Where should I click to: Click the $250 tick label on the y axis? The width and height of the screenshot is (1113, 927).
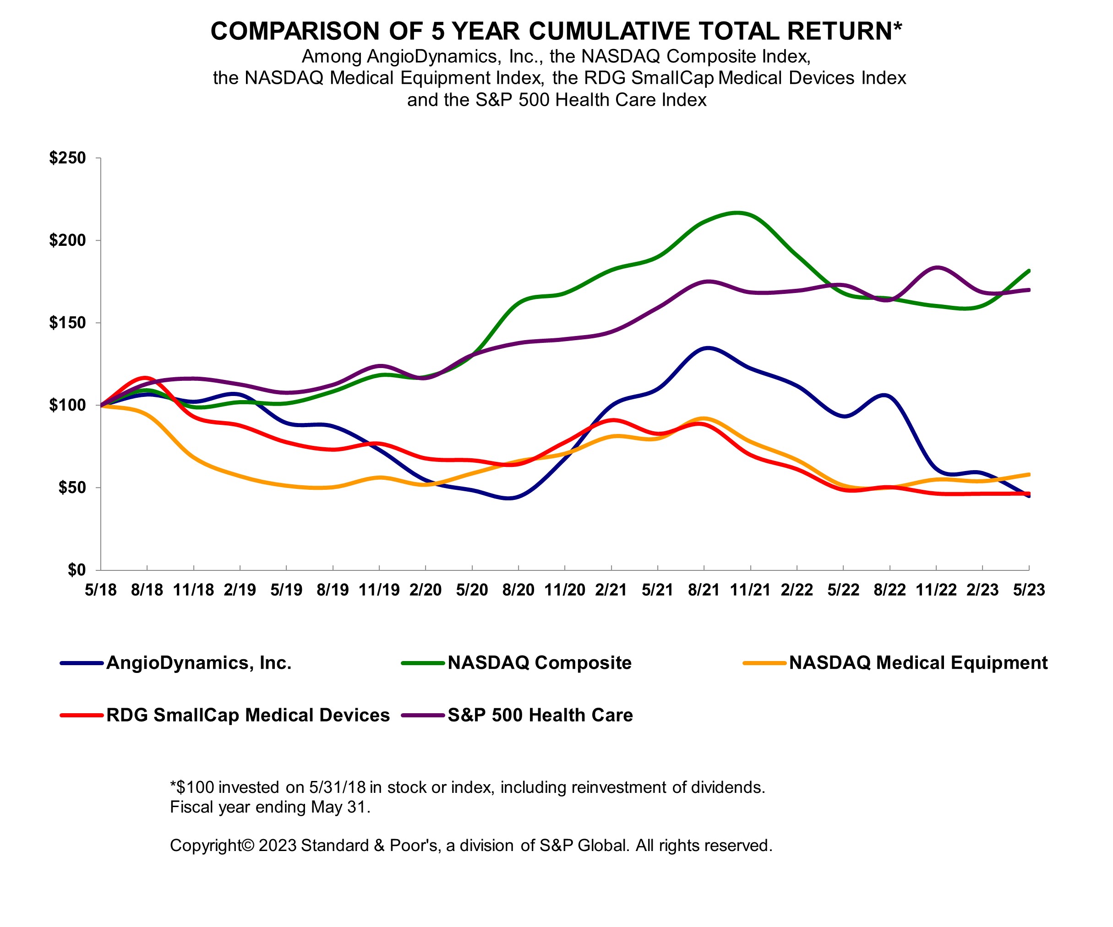click(67, 158)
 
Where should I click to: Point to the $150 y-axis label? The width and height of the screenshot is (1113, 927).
click(67, 323)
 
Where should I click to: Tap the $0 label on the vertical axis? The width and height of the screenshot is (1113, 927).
click(76, 570)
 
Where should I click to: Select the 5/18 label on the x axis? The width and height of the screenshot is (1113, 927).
click(100, 590)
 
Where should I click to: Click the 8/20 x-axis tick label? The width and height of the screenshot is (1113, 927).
click(518, 590)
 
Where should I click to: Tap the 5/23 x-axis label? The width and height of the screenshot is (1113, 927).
click(1029, 590)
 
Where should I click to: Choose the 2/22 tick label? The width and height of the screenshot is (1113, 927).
click(797, 590)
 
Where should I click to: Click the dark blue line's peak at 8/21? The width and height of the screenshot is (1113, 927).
click(708, 348)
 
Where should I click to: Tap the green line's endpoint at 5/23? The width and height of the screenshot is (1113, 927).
click(1029, 271)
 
